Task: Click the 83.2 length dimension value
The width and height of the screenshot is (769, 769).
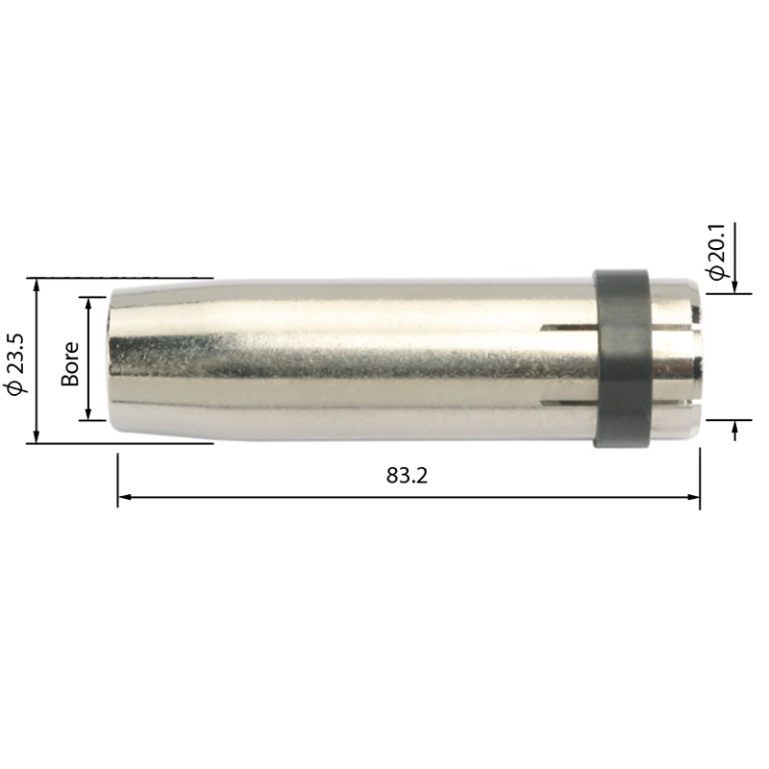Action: pos(407,475)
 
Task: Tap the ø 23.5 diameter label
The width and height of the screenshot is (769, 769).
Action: pos(15,363)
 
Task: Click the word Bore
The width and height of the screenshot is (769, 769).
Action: pos(69,363)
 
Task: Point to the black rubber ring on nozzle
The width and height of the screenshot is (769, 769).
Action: pos(622,359)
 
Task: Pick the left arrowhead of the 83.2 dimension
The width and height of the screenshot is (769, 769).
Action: pos(125,497)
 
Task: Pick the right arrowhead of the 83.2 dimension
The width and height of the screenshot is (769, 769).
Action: pos(693,497)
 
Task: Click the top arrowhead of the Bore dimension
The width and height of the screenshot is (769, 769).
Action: pos(88,304)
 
